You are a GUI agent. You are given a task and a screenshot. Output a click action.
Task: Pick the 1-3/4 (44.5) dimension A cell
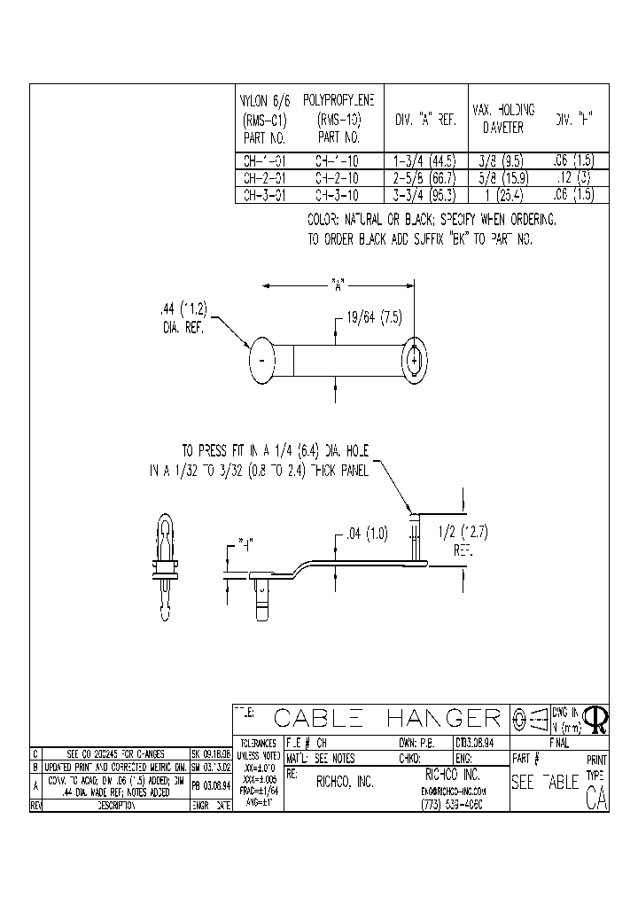pos(424,161)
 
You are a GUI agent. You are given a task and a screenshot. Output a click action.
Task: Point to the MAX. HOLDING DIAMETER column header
pos(502,118)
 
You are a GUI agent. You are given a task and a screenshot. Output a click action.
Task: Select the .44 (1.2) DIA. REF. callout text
pos(183,317)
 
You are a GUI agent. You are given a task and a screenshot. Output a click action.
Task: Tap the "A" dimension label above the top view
pos(338,285)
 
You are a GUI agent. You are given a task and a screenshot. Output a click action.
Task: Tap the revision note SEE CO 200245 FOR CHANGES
pos(111,753)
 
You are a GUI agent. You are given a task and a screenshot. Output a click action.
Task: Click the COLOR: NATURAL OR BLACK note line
pos(432,219)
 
